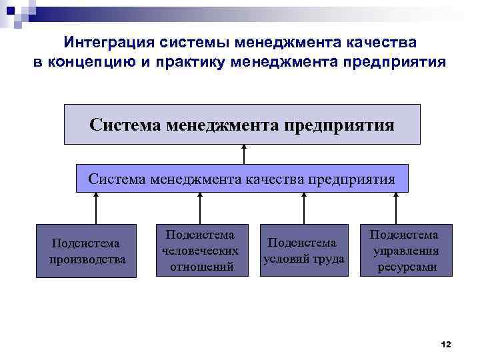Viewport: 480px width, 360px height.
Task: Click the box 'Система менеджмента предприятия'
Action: pos(242,124)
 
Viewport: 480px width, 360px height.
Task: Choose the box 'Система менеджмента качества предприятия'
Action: pos(242,179)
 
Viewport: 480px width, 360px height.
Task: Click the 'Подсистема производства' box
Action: pos(87,251)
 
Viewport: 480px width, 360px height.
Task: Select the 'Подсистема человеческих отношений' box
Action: pos(200,251)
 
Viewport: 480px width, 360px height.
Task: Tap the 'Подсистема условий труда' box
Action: pos(304,251)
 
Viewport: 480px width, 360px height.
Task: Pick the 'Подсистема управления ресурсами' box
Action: pos(405,251)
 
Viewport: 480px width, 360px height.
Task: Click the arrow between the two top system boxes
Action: pos(244,155)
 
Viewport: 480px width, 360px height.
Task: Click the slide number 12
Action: pos(446,344)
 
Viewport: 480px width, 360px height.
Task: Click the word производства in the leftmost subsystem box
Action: pos(87,259)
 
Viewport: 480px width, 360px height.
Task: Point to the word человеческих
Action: pos(200,251)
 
